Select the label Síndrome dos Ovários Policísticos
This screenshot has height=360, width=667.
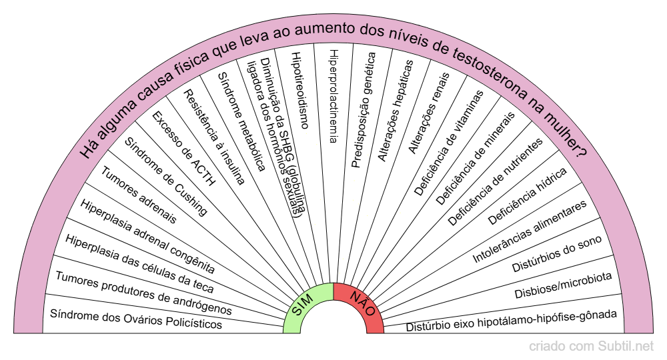[x=136, y=319]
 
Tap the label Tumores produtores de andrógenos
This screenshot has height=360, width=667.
[x=144, y=293]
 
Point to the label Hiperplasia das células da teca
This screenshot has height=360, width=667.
[x=139, y=264]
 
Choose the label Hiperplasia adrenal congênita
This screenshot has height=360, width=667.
[x=147, y=236]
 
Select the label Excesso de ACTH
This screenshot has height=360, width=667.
[x=184, y=149]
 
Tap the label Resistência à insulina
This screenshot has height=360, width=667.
[x=214, y=137]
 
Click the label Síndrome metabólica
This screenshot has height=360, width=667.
[x=242, y=121]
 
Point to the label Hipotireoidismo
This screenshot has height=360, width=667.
[x=300, y=90]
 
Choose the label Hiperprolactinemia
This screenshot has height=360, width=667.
[x=334, y=96]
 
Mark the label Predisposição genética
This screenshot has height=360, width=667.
[x=364, y=109]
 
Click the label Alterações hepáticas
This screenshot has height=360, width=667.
[x=396, y=111]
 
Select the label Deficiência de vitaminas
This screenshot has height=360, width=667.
[x=449, y=143]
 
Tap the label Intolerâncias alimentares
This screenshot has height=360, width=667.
[x=530, y=231]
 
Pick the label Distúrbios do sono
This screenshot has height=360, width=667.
[x=557, y=254]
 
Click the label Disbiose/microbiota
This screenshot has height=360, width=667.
[x=563, y=285]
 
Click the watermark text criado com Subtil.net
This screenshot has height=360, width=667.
[x=591, y=347]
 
